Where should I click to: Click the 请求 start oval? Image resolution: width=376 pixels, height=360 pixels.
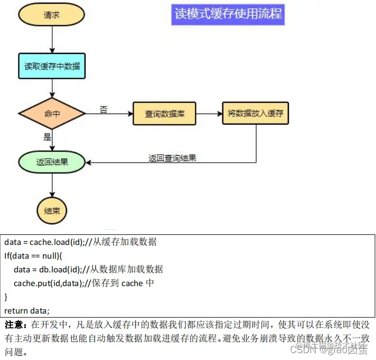coord(52,15)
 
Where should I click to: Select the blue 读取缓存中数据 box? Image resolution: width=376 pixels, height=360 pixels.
coord(52,67)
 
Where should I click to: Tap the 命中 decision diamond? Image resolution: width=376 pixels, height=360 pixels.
coord(52,113)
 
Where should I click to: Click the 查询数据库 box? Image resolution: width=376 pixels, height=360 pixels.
coord(165,113)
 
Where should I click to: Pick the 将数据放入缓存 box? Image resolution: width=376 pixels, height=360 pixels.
coord(256,113)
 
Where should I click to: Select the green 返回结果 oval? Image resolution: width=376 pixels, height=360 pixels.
coord(52,162)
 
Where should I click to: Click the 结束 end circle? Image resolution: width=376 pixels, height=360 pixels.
coord(52,211)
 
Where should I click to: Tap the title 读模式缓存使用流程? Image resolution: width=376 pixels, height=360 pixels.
coord(228,14)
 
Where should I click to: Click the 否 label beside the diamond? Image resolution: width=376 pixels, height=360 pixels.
coord(104,110)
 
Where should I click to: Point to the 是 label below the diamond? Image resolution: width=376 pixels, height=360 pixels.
coord(47,137)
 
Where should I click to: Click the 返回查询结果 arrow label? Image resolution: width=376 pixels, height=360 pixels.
coord(172,158)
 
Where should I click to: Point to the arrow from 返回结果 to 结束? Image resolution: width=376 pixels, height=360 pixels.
coord(52,184)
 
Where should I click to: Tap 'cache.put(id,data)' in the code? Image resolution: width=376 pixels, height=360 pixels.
coord(48,283)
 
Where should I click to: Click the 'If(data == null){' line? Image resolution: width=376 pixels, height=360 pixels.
coord(34,255)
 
